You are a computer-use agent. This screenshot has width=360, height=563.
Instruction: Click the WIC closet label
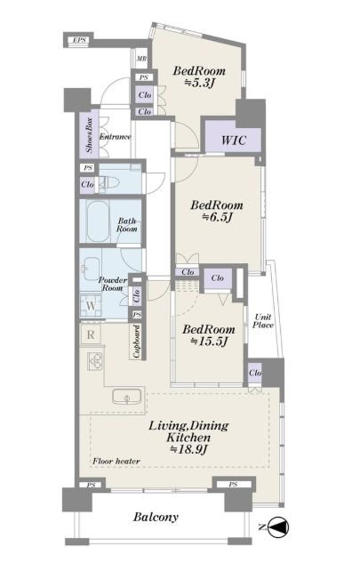[234, 140]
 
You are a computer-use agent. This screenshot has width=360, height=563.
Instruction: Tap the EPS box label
[79, 40]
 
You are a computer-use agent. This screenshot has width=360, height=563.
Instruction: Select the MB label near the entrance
[141, 59]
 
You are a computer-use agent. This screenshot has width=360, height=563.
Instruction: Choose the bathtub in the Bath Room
[98, 221]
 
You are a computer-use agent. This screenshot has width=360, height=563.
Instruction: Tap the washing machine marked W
[91, 306]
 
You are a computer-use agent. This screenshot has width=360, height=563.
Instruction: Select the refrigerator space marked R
[91, 334]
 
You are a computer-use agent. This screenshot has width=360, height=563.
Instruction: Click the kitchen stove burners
[95, 360]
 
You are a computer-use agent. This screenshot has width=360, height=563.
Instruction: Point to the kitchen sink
[127, 397]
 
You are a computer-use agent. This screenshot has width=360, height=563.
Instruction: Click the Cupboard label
[136, 342]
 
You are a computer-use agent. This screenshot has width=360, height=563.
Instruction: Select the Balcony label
[156, 518]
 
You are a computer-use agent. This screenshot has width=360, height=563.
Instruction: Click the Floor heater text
[116, 461]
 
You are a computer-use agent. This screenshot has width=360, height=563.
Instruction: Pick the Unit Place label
[263, 321]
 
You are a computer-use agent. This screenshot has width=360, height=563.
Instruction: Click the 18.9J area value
[188, 449]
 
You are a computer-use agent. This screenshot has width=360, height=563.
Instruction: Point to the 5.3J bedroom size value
[200, 84]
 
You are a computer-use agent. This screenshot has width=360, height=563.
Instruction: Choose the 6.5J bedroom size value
[217, 218]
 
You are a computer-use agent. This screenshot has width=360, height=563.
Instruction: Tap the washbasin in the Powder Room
[90, 268]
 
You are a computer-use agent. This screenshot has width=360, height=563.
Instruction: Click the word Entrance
[116, 137]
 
